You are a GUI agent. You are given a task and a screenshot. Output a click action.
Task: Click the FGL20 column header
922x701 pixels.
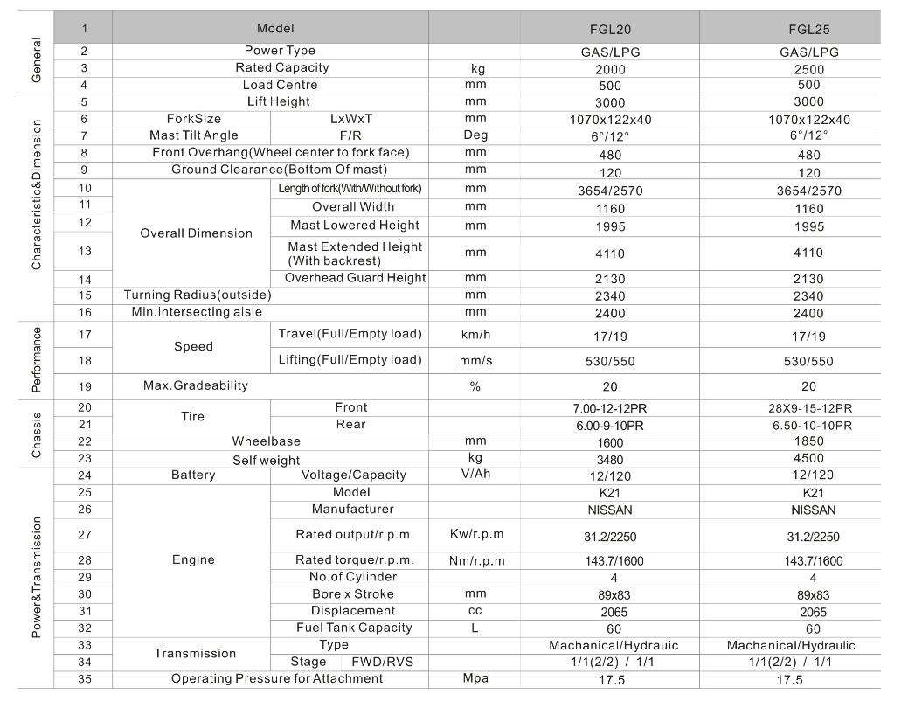pyautogui.click(x=611, y=30)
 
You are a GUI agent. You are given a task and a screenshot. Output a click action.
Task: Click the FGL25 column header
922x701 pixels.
pyautogui.click(x=808, y=30)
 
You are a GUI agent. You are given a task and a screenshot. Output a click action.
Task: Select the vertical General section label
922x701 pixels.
pyautogui.click(x=36, y=60)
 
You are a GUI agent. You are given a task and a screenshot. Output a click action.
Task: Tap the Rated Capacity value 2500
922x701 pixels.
pyautogui.click(x=808, y=69)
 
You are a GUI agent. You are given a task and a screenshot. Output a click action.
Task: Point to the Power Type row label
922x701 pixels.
pyautogui.click(x=280, y=51)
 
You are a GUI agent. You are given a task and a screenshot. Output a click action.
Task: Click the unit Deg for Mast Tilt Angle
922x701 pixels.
pyautogui.click(x=475, y=135)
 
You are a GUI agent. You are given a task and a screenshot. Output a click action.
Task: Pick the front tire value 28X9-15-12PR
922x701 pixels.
pyautogui.click(x=808, y=408)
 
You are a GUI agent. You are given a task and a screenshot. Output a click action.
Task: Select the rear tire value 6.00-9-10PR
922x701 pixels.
pyautogui.click(x=611, y=425)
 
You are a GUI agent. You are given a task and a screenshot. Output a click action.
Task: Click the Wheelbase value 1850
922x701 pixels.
pyautogui.click(x=808, y=441)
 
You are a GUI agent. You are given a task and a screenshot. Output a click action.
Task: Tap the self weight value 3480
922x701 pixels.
pyautogui.click(x=611, y=459)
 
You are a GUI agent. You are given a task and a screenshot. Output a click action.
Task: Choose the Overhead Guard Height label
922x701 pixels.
pyautogui.click(x=356, y=278)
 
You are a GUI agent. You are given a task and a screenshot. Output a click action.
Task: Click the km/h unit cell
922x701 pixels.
pyautogui.click(x=475, y=335)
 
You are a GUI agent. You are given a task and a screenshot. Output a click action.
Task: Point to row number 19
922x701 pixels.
pyautogui.click(x=84, y=385)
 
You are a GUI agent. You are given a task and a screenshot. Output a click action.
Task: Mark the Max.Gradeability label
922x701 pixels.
pyautogui.click(x=196, y=385)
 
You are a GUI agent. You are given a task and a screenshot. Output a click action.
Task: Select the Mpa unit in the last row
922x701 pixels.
pyautogui.click(x=475, y=678)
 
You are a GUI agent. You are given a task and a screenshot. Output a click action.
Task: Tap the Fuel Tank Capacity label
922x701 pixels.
pyautogui.click(x=354, y=628)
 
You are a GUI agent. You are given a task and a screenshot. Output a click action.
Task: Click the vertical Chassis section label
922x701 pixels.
pyautogui.click(x=36, y=434)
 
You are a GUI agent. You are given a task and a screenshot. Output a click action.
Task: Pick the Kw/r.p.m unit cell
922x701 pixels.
pyautogui.click(x=477, y=534)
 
